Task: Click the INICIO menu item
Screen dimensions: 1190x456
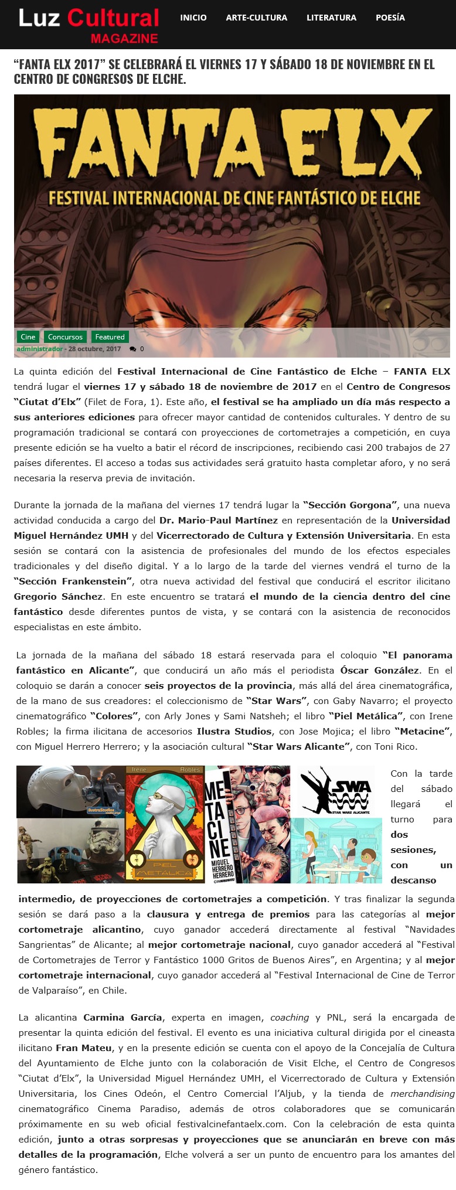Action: [x=193, y=18]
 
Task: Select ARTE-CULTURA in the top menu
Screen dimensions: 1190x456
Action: [x=256, y=18]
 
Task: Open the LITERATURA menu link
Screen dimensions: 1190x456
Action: [x=331, y=18]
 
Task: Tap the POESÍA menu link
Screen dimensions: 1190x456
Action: [x=390, y=18]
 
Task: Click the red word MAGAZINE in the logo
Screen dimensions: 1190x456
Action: [x=124, y=39]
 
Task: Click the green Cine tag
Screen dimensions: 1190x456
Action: [x=28, y=336]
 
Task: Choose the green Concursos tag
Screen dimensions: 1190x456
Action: [x=65, y=336]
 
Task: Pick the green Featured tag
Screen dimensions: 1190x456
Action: [x=110, y=336]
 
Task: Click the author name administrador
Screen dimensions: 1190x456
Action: [x=39, y=349]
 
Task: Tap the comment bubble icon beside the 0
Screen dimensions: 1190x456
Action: [x=132, y=349]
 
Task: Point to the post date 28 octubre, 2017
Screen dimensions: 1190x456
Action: [x=95, y=349]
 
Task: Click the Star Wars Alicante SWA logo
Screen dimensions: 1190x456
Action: [x=335, y=791]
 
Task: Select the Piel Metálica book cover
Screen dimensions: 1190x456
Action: [x=165, y=824]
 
